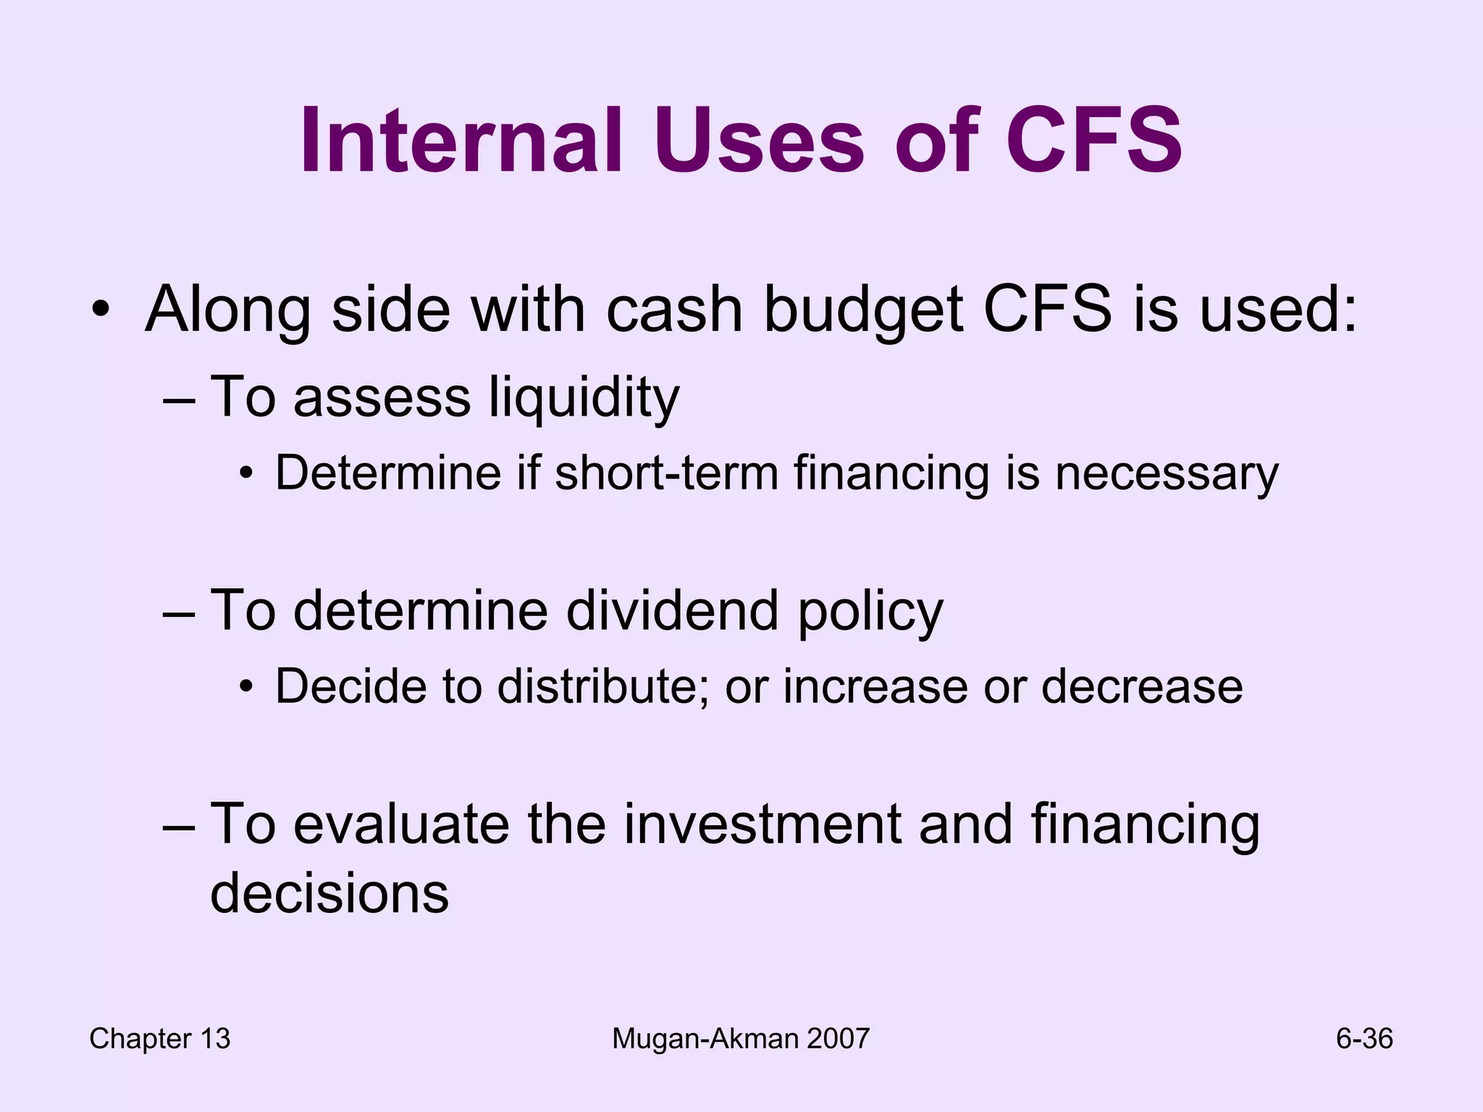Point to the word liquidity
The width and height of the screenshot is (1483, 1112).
click(x=584, y=397)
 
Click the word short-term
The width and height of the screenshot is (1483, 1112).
click(x=666, y=473)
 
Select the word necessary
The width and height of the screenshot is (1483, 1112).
click(x=1167, y=473)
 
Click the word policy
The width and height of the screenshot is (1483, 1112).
click(x=870, y=611)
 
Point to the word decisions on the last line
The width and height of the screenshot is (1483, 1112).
click(x=329, y=893)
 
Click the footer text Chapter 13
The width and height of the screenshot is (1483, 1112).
click(x=159, y=1039)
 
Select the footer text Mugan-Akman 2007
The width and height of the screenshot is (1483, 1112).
click(x=740, y=1039)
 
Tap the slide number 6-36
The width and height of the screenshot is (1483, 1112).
click(x=1364, y=1039)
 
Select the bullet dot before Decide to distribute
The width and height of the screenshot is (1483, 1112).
click(x=247, y=687)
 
